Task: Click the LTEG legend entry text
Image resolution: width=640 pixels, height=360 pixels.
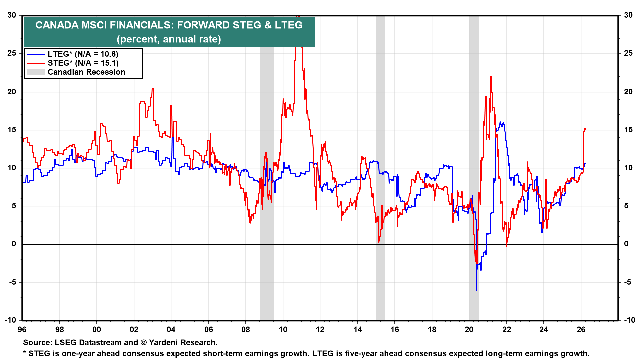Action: (83, 54)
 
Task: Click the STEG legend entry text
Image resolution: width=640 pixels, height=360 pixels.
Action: (83, 63)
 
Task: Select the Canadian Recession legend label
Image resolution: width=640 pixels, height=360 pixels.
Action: (86, 72)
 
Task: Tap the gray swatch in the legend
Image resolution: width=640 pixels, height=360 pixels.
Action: (35, 72)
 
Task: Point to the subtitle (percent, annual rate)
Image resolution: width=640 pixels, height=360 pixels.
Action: (169, 39)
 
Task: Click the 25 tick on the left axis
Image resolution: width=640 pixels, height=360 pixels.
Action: (12, 53)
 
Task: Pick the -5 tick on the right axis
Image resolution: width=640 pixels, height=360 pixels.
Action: (628, 282)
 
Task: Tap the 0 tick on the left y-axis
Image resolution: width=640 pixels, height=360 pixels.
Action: (14, 244)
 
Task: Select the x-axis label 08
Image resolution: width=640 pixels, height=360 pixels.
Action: (246, 329)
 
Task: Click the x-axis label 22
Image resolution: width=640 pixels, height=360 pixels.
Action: (506, 329)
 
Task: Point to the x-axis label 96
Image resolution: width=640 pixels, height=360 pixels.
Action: (22, 329)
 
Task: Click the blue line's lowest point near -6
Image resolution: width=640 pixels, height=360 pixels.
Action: (476, 290)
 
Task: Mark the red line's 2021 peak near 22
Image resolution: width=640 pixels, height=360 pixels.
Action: (491, 77)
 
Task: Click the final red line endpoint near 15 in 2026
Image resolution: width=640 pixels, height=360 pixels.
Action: (585, 128)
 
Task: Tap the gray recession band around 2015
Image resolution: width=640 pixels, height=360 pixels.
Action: (380, 167)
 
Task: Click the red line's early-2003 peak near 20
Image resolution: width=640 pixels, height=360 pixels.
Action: (152, 88)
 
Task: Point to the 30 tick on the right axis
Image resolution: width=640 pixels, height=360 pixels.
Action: (628, 15)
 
